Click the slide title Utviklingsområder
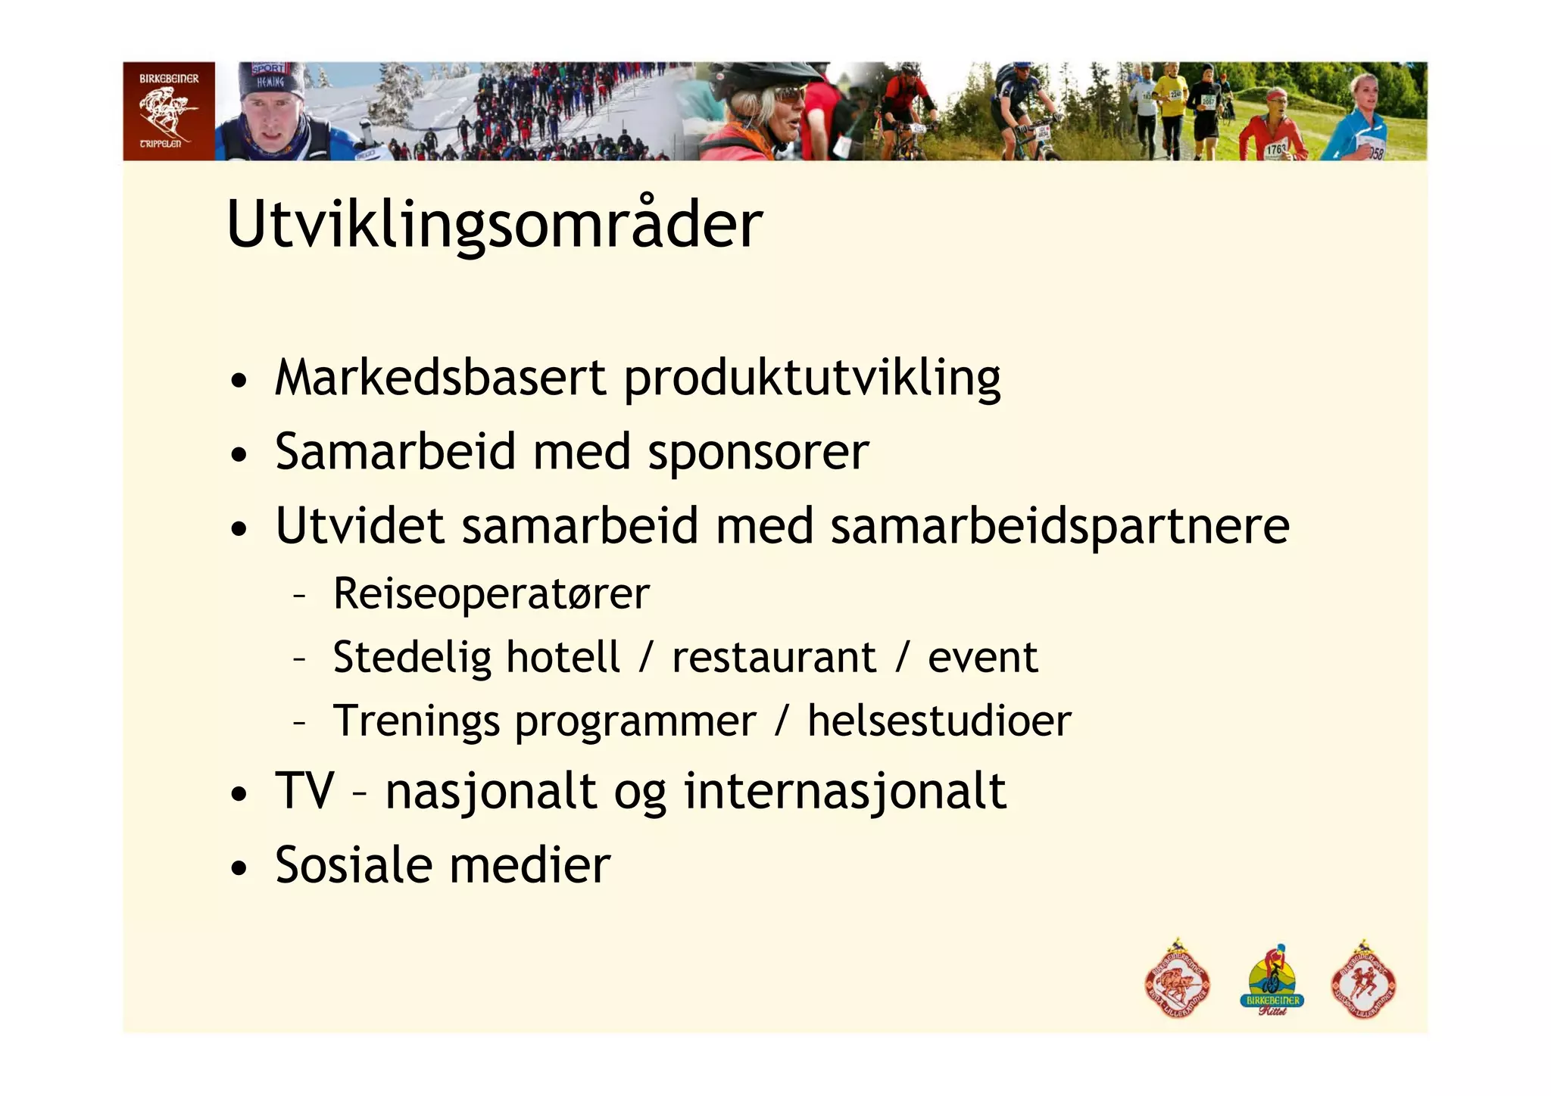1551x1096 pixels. click(x=494, y=225)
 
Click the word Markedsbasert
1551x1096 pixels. click(x=440, y=378)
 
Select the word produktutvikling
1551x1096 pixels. click(x=812, y=379)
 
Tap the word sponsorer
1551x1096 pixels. click(x=758, y=453)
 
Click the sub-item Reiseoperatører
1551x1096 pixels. click(x=491, y=593)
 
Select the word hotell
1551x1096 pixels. click(x=563, y=657)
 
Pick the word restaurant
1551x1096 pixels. click(x=773, y=657)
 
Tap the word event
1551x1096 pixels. click(x=982, y=657)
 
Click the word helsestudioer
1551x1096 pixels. click(x=939, y=721)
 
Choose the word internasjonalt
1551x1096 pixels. click(x=844, y=792)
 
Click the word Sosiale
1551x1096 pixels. click(x=353, y=865)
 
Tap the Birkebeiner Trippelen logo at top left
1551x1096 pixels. click(x=169, y=111)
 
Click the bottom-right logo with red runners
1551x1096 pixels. click(x=1363, y=982)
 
